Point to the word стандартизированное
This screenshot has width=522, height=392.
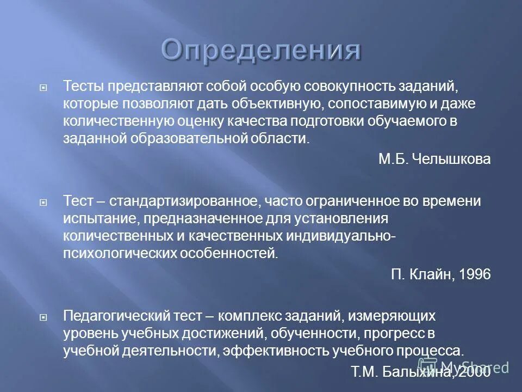pyautogui.click(x=183, y=201)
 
